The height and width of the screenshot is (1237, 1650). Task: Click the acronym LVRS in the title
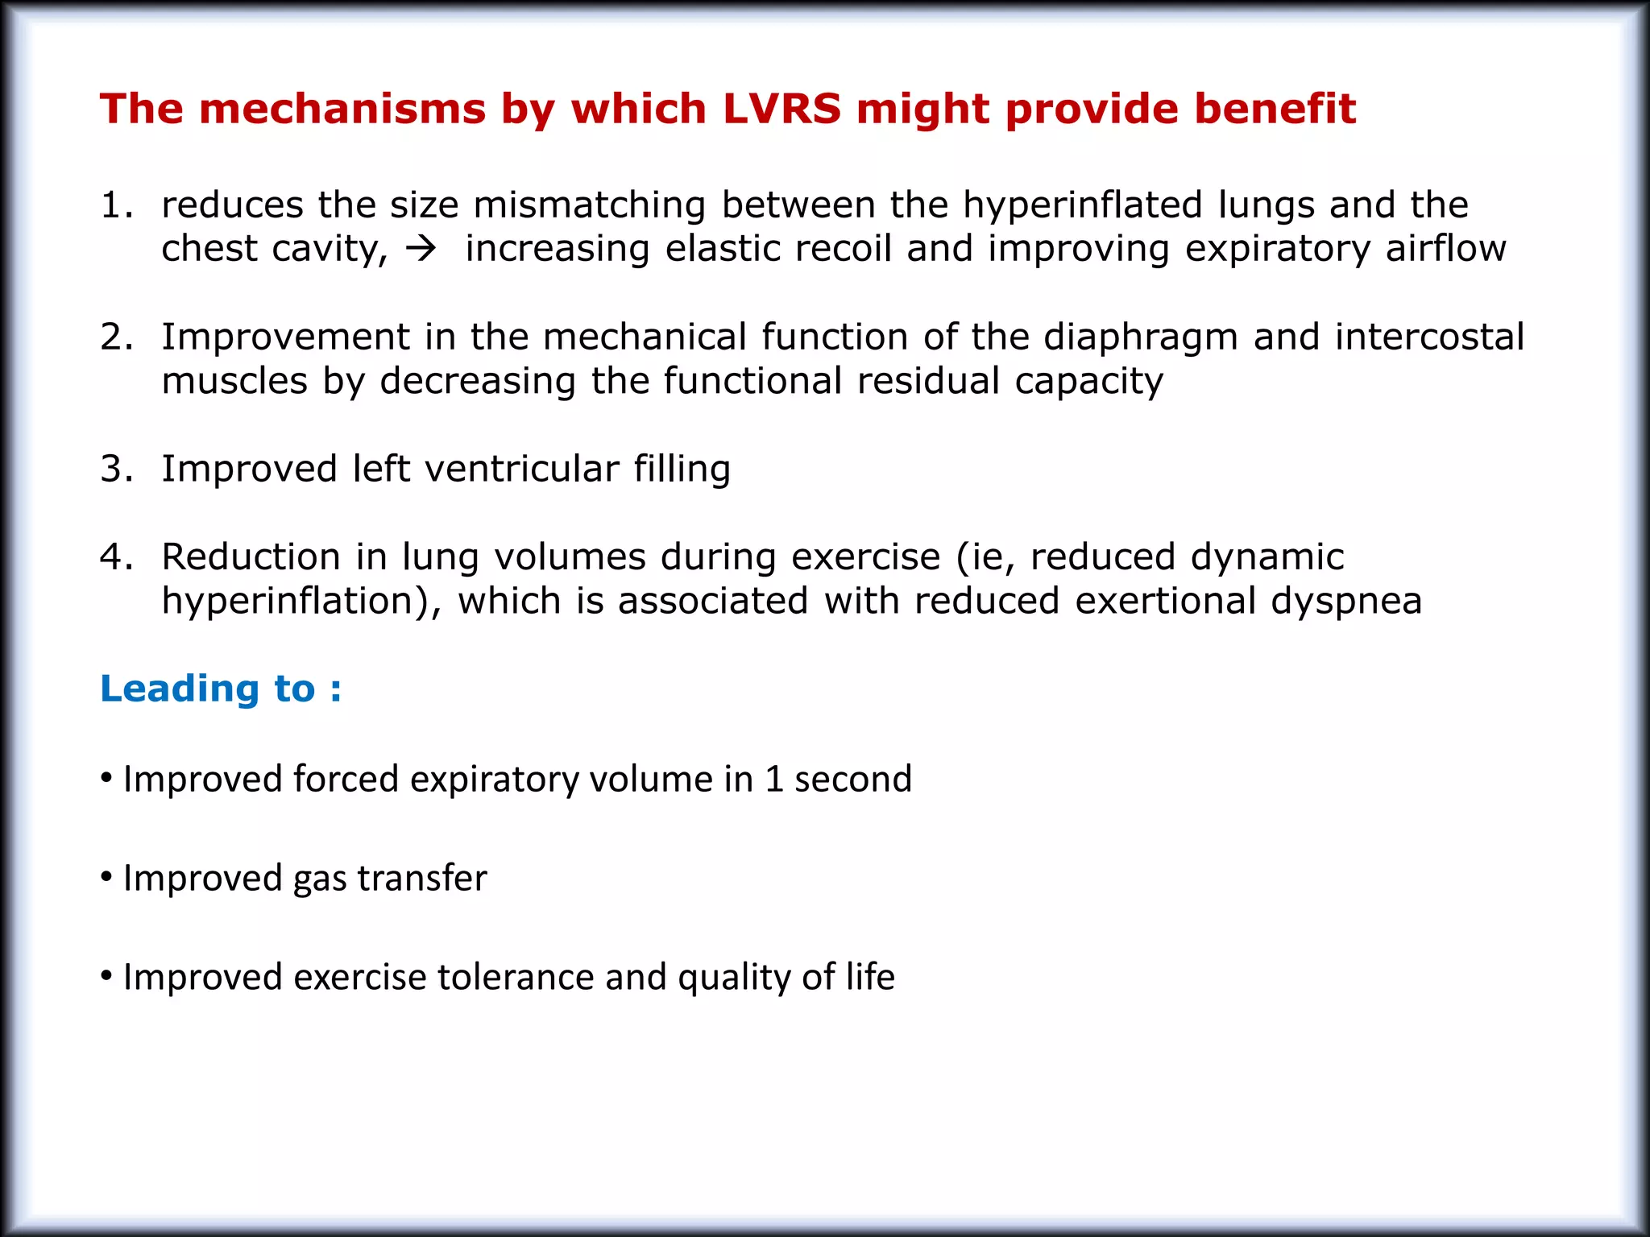781,109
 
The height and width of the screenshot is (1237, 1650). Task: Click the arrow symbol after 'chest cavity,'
421,249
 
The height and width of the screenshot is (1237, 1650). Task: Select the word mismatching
589,205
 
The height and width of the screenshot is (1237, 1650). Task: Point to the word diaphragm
1140,338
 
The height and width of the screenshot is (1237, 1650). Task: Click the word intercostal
1429,337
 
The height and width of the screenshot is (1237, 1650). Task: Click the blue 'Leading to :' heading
221,689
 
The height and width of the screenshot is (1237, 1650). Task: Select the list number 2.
114,337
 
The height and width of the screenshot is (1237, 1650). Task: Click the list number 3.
114,469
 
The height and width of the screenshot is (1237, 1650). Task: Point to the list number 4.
114,557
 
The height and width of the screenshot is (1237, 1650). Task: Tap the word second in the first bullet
852,780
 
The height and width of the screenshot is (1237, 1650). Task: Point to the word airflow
1445,249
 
